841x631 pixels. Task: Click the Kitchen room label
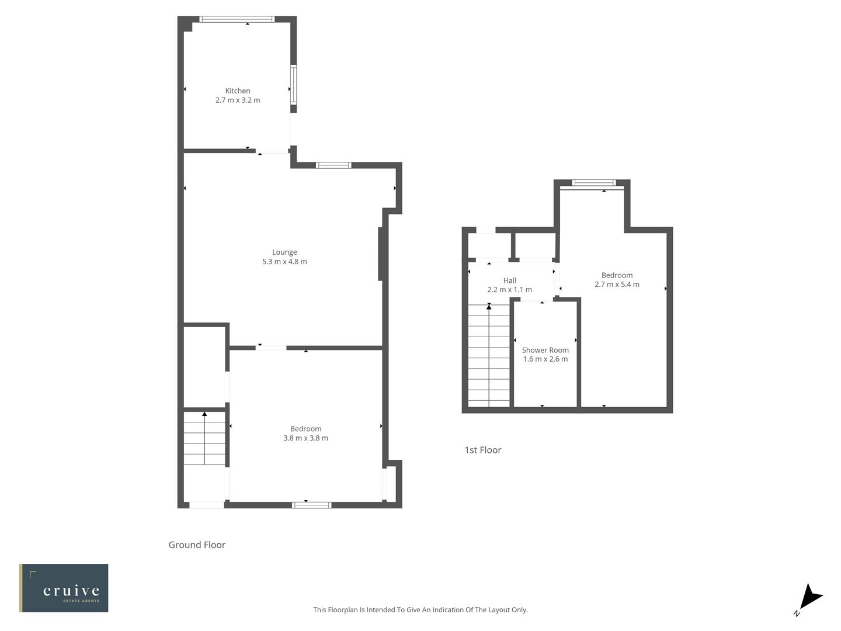tap(238, 91)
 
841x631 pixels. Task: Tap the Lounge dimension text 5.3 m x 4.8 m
tap(284, 262)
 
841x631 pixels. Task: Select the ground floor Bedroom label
tap(305, 429)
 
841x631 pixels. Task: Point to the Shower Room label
tap(545, 350)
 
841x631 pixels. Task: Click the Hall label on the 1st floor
tap(509, 280)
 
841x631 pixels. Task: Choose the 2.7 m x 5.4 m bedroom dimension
tap(617, 285)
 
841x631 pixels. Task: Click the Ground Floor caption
tap(197, 545)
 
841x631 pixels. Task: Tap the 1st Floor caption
tap(482, 450)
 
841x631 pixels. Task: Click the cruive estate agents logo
tap(64, 588)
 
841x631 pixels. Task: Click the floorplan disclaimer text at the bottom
tap(420, 609)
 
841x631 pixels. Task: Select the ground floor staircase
tap(204, 438)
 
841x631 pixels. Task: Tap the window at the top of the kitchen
tap(237, 19)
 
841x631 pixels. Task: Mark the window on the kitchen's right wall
tap(293, 85)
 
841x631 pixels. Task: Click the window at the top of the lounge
tap(333, 165)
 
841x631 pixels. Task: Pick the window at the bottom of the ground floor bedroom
tap(311, 505)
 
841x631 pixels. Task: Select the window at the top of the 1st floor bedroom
tap(594, 183)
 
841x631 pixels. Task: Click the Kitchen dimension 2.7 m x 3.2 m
tap(238, 100)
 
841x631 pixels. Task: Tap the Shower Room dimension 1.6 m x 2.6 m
tap(545, 359)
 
